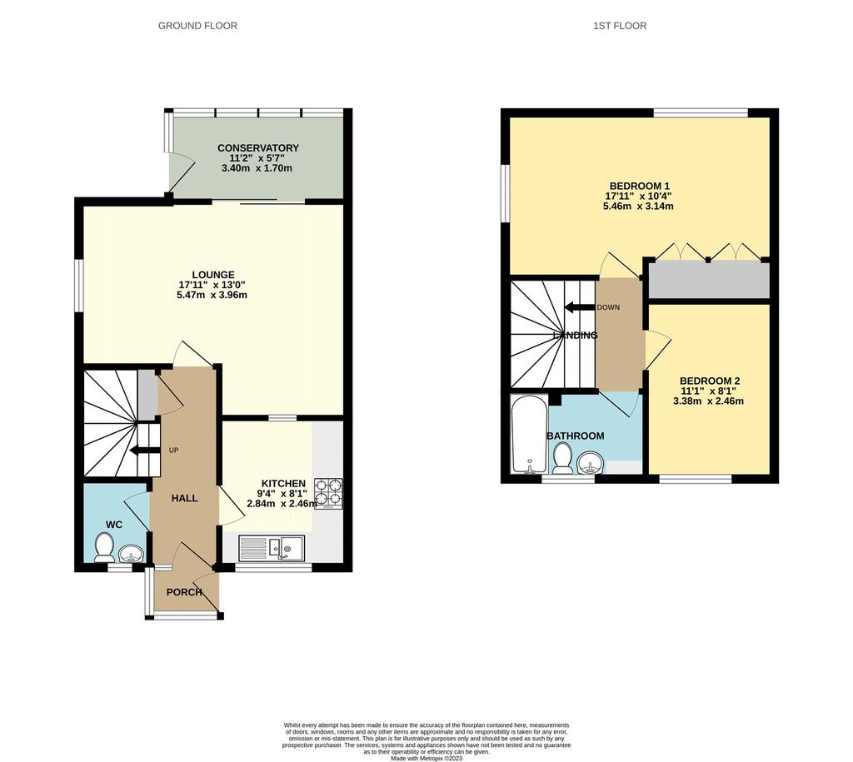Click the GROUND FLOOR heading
click(197, 26)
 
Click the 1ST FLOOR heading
click(620, 26)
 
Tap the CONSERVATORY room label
click(258, 148)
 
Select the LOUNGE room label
click(213, 275)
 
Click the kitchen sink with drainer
click(272, 548)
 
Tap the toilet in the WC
click(104, 547)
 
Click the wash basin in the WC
click(131, 554)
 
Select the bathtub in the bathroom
click(529, 435)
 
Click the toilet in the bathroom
click(562, 458)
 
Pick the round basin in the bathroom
click(588, 465)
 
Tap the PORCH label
click(184, 592)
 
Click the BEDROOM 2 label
click(710, 381)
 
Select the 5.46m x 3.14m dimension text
click(638, 207)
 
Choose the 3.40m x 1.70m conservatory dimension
click(257, 168)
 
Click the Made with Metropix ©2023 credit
click(426, 758)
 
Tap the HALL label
click(184, 498)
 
